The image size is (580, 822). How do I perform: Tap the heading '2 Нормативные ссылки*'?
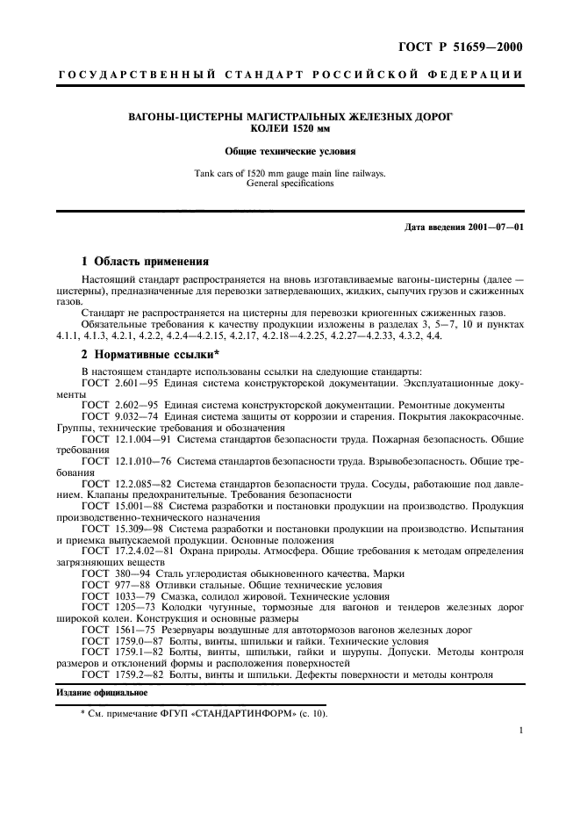tap(150, 355)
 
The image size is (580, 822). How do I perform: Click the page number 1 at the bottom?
tap(520, 730)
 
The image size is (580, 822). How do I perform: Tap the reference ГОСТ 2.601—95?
tap(113, 383)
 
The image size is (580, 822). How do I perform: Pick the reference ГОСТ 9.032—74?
tap(113, 415)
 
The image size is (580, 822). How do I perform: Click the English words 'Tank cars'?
tap(214, 174)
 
